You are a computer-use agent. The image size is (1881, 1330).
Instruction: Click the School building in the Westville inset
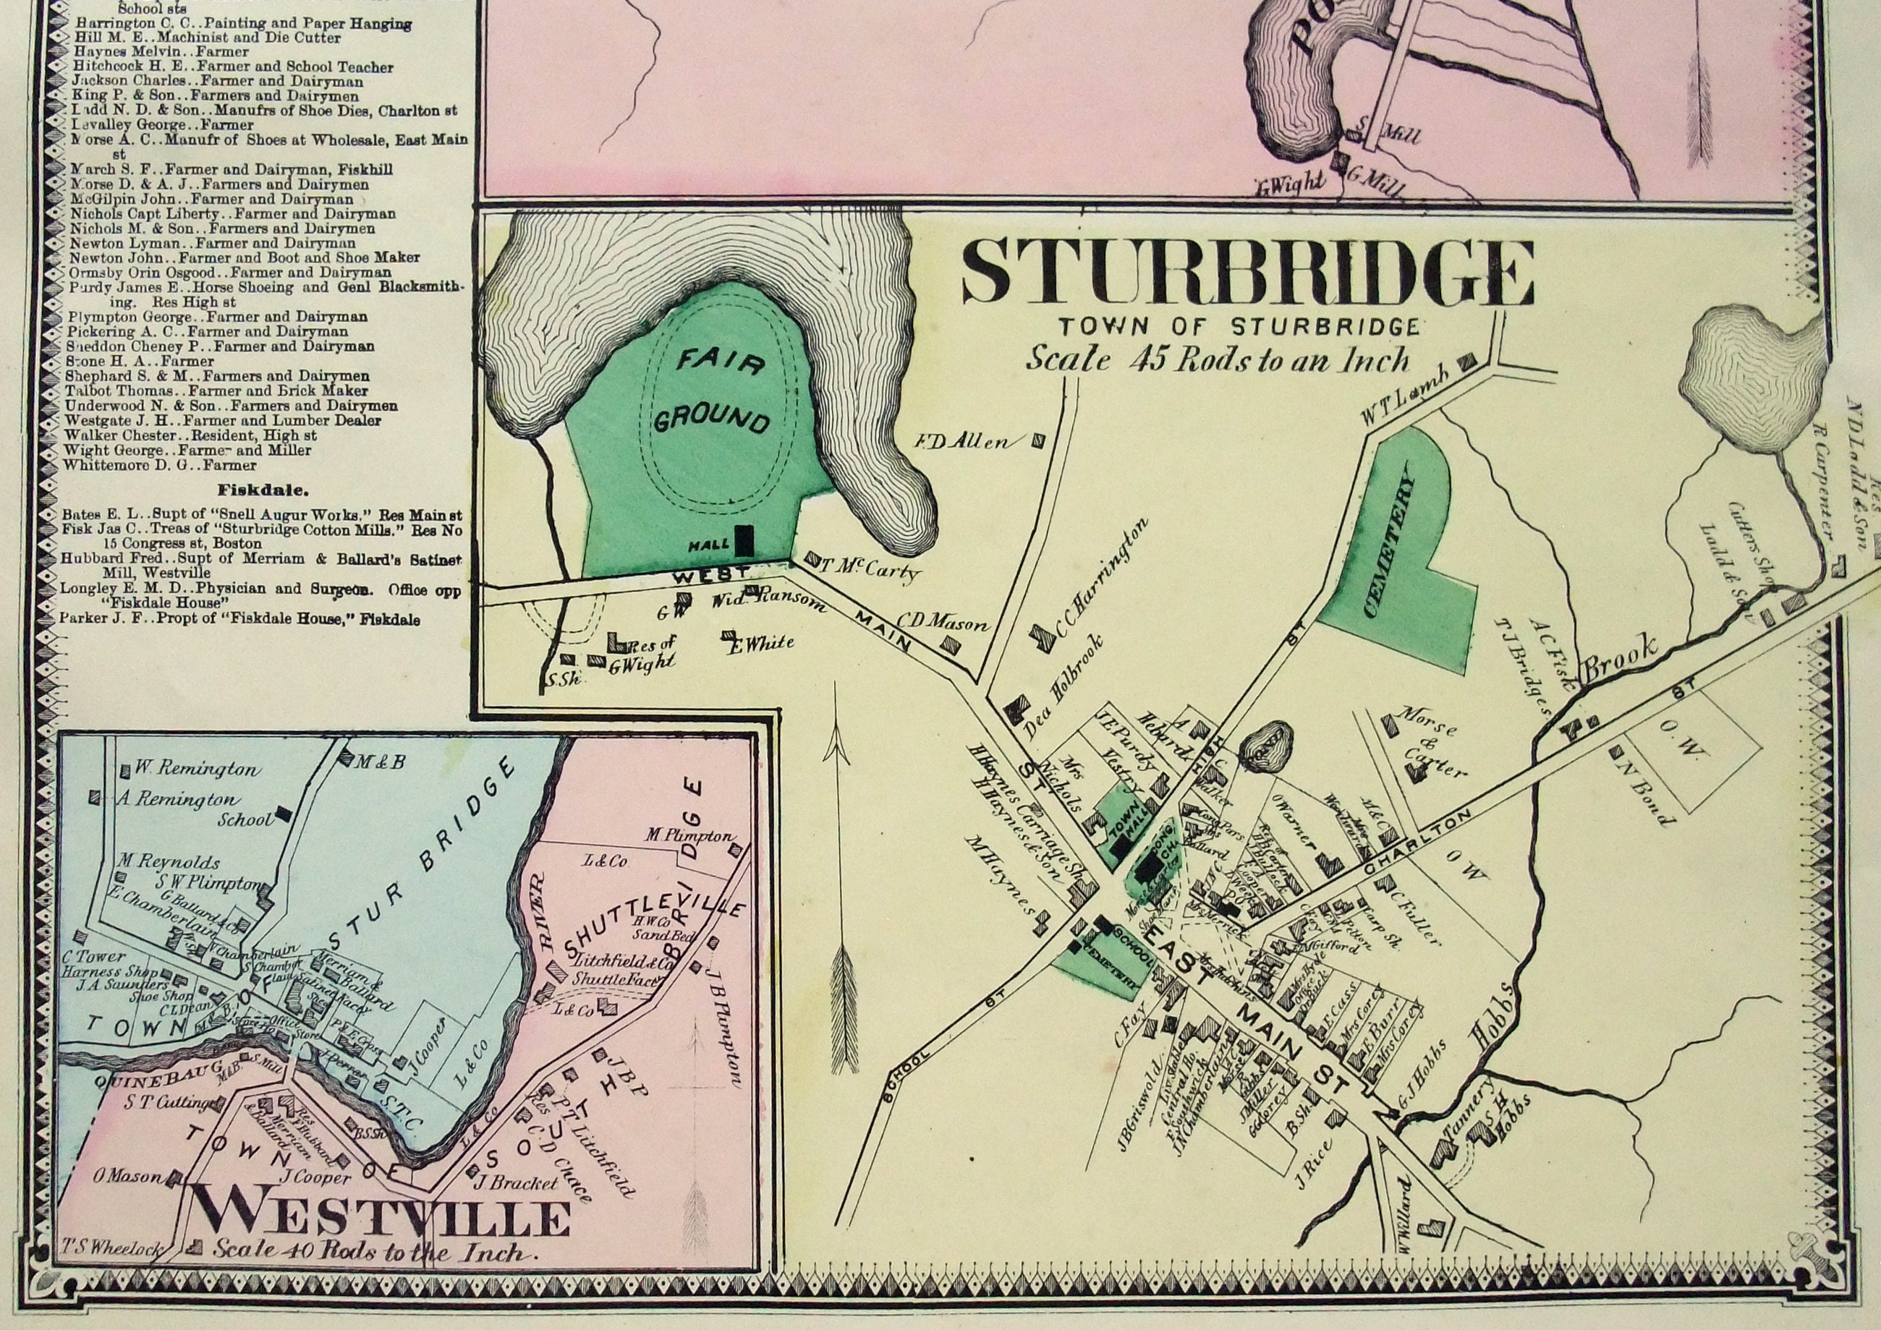click(284, 813)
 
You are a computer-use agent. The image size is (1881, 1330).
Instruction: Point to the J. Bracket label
click(515, 1182)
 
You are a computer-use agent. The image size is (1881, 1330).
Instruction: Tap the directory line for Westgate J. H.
click(221, 420)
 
